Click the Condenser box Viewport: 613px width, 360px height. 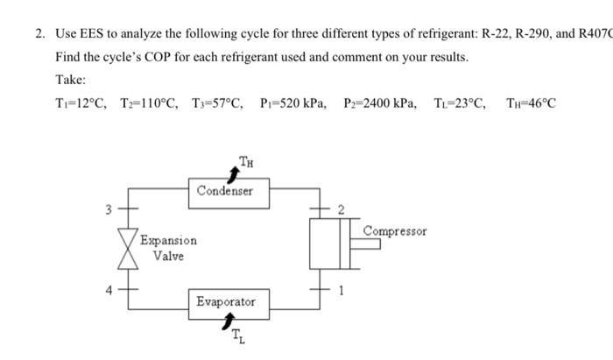tap(224, 189)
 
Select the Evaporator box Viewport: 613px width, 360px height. tap(226, 301)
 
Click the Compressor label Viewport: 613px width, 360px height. tap(395, 231)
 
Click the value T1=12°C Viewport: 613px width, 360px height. tap(80, 104)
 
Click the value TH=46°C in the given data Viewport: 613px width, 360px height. tap(531, 104)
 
